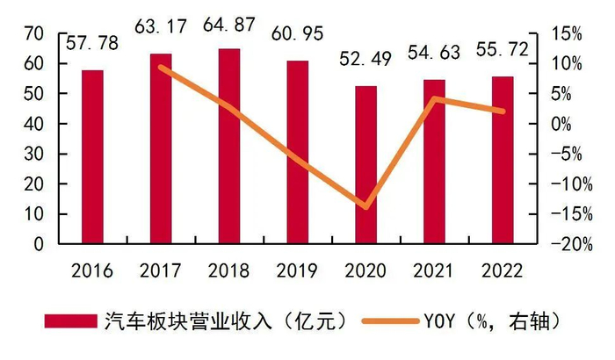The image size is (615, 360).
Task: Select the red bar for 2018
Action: tap(228, 146)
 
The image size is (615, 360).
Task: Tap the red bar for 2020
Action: tap(365, 164)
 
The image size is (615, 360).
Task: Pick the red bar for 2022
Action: tap(503, 160)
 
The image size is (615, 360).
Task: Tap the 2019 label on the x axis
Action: tap(297, 269)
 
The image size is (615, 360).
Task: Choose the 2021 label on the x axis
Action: tap(434, 269)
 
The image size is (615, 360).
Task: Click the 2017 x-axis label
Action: tap(160, 269)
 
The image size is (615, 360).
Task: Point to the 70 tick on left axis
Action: tap(34, 34)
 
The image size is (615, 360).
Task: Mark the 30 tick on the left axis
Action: tap(34, 155)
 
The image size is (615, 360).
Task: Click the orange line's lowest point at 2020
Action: tap(365, 208)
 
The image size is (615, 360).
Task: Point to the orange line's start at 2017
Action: tap(160, 67)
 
